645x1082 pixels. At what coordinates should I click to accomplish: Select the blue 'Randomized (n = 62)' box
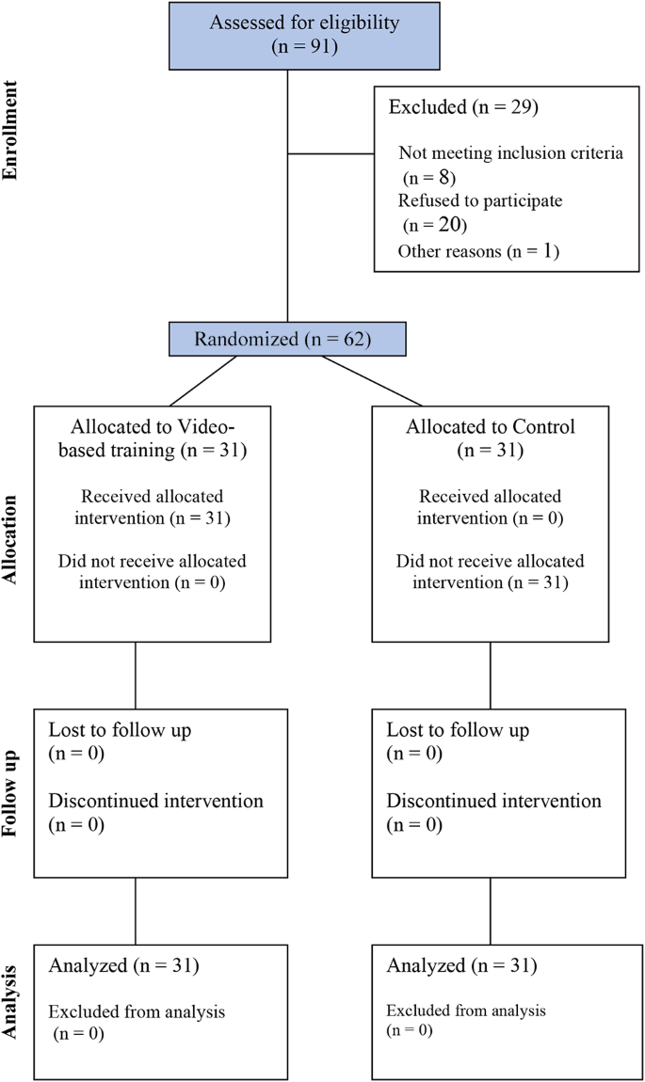pyautogui.click(x=287, y=339)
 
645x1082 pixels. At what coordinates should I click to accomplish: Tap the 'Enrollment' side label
pyautogui.click(x=11, y=131)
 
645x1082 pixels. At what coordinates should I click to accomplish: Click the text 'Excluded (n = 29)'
pyautogui.click(x=462, y=107)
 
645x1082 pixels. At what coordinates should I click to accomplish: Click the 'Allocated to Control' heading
pyautogui.click(x=490, y=426)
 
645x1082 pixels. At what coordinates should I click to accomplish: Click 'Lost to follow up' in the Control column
pyautogui.click(x=458, y=730)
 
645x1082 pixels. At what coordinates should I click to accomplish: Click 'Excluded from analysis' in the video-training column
pyautogui.click(x=137, y=1012)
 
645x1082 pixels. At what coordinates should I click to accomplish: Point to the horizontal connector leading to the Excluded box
pyautogui.click(x=331, y=152)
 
